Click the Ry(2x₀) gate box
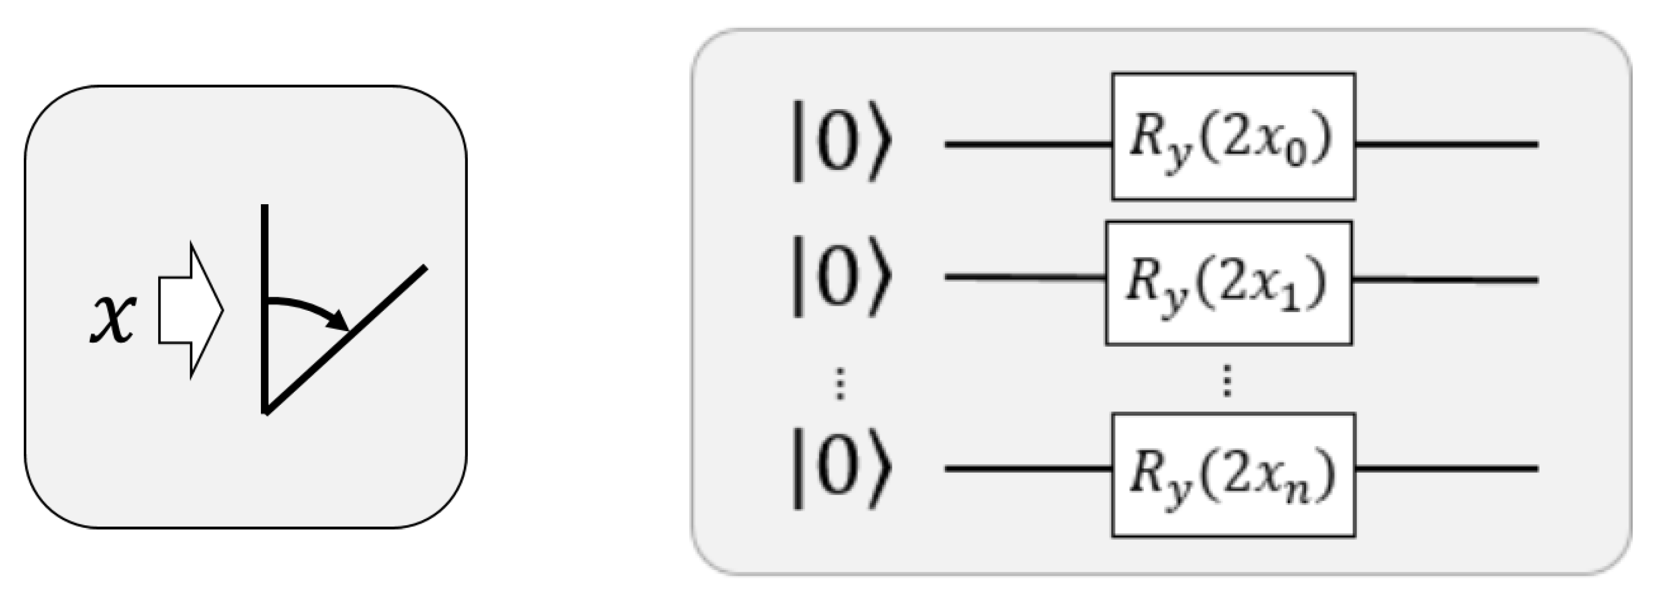point(1233,137)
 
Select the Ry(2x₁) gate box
point(1228,283)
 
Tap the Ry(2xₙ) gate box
point(1233,475)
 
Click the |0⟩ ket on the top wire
point(840,140)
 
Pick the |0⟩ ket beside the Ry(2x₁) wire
point(840,276)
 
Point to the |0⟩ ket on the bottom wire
point(840,469)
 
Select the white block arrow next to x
point(191,310)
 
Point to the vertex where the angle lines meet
point(266,411)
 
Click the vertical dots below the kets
point(839,384)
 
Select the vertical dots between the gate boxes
point(1227,380)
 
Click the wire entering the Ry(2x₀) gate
point(1028,144)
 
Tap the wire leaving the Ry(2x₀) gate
point(1446,144)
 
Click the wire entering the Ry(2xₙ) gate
point(1028,469)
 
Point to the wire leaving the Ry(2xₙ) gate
point(1446,469)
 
